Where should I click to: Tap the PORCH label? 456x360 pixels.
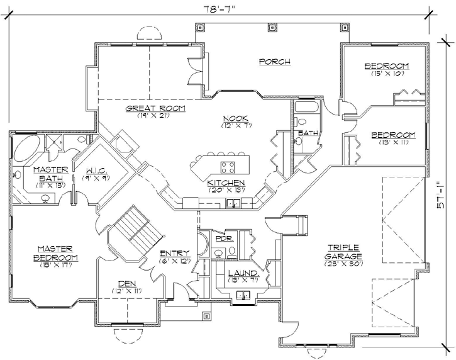pyautogui.click(x=274, y=61)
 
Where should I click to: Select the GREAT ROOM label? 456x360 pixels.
pyautogui.click(x=157, y=108)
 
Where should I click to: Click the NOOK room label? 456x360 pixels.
pyautogui.click(x=235, y=118)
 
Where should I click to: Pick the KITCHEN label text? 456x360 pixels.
pyautogui.click(x=226, y=183)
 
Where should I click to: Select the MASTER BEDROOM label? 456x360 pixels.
pyautogui.click(x=57, y=253)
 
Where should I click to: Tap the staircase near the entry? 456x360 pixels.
pyautogui.click(x=134, y=227)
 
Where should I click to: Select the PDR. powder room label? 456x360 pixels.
pyautogui.click(x=223, y=239)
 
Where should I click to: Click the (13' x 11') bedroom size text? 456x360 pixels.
pyautogui.click(x=392, y=143)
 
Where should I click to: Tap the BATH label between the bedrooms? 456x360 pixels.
pyautogui.click(x=308, y=133)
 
